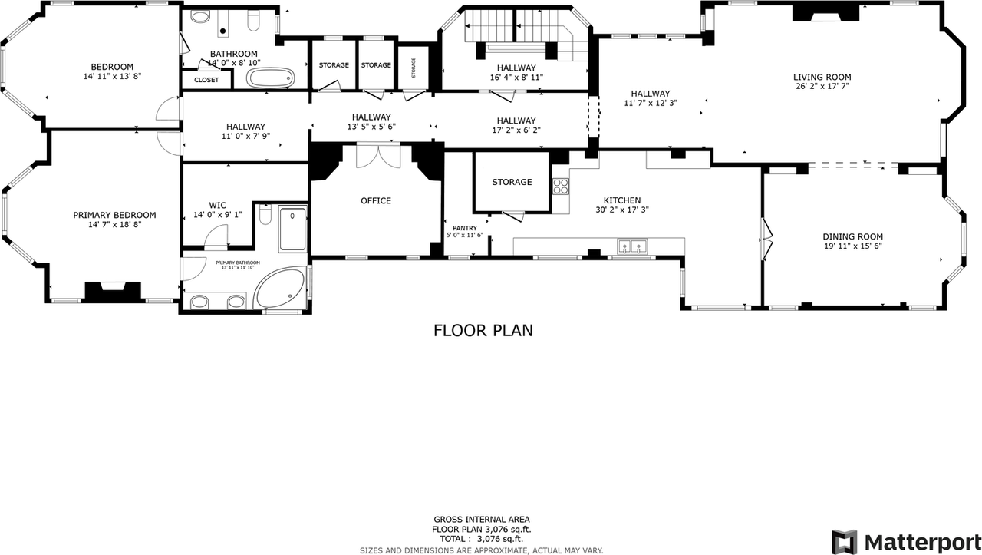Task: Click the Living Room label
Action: pos(822,77)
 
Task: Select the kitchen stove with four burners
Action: pos(560,186)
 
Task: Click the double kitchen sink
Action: pos(632,246)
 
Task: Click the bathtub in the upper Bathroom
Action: pos(269,78)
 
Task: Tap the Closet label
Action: pos(206,80)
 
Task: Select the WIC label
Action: pos(217,205)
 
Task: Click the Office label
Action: pos(376,201)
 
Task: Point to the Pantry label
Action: pos(464,228)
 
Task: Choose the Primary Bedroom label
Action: pos(114,215)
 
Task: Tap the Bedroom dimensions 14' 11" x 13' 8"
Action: pos(112,76)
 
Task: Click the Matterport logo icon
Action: pos(845,540)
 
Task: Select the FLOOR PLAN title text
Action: pos(483,331)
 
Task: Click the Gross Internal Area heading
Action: pos(481,520)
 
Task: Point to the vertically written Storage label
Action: pos(413,68)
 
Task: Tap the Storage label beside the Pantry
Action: pos(512,182)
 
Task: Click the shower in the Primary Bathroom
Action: pos(293,229)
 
